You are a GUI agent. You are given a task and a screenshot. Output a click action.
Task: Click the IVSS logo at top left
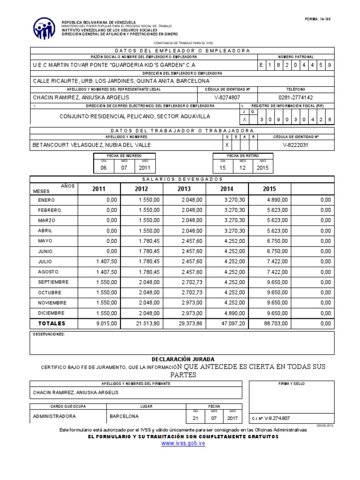[44, 29]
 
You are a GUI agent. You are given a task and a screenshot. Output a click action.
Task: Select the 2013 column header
[184, 189]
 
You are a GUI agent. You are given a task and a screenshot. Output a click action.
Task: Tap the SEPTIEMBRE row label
[53, 282]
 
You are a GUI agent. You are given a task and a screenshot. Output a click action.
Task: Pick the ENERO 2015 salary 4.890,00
[277, 200]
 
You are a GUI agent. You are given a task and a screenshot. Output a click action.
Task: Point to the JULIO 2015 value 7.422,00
[277, 262]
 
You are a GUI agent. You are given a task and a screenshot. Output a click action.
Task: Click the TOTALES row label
[52, 323]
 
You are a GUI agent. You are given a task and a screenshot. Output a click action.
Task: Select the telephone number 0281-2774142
[295, 97]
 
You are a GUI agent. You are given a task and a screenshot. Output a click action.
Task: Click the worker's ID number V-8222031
[296, 145]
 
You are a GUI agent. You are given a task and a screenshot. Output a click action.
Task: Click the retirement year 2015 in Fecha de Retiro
[263, 168]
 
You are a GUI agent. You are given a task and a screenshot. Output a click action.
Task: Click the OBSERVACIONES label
[49, 334]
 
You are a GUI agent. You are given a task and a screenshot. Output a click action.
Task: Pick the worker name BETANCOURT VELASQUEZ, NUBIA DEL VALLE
[91, 145]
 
